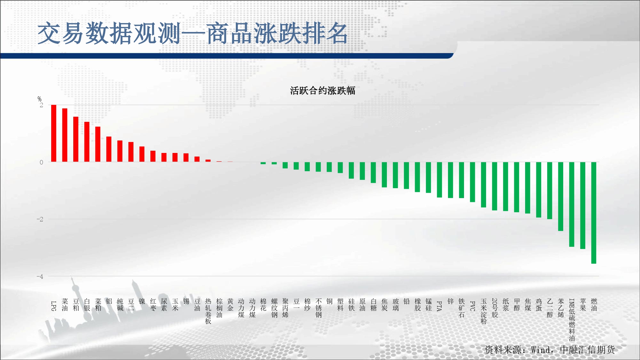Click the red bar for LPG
point(54,133)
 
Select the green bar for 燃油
point(594,213)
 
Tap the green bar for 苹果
point(583,205)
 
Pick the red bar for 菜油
point(65,135)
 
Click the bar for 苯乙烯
point(561,196)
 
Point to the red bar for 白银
point(87,142)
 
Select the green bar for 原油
point(362,171)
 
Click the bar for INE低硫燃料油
point(572,204)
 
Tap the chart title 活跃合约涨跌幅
point(323,91)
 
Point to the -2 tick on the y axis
point(40,219)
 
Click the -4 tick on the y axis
point(40,276)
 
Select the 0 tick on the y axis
point(41,162)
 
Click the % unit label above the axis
point(39,99)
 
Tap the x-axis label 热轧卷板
point(208,311)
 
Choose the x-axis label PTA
point(439,306)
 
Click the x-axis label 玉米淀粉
point(484,311)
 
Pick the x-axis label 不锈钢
point(318,308)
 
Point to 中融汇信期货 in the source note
point(587,349)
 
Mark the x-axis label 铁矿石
point(461,308)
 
